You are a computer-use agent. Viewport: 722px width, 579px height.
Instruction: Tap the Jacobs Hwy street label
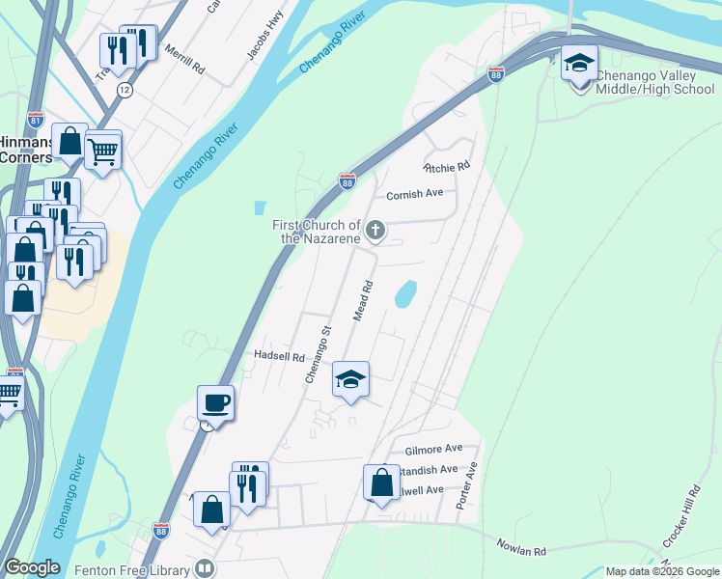point(264,38)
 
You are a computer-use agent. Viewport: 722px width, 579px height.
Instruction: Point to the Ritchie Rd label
point(448,166)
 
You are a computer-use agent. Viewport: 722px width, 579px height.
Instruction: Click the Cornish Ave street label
point(414,194)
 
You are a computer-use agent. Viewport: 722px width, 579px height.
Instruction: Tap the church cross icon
point(376,230)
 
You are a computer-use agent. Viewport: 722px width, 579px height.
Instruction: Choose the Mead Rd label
point(363,301)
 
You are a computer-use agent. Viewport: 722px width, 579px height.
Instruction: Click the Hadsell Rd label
point(279,355)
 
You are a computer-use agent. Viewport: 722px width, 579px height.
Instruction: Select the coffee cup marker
point(215,402)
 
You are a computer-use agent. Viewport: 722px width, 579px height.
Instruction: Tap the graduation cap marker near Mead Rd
point(351,379)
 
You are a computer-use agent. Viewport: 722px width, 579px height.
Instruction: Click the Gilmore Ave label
point(433,449)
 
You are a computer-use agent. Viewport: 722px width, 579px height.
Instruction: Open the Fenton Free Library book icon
point(204,568)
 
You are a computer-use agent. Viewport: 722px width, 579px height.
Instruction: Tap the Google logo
point(31,567)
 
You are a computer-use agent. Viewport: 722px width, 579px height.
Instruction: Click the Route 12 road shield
point(124,89)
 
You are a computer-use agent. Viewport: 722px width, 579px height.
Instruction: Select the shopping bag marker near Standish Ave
point(381,481)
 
